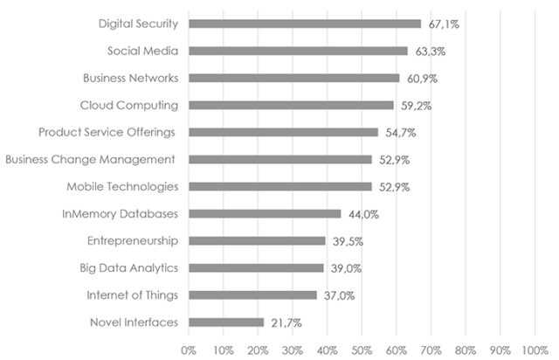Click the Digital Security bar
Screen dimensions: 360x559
click(x=304, y=24)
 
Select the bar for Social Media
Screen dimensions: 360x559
click(x=298, y=51)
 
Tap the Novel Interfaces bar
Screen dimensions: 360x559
click(x=225, y=322)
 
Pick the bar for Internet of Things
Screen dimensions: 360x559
click(x=252, y=295)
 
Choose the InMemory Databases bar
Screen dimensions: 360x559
click(x=265, y=213)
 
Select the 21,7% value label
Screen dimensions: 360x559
click(x=285, y=322)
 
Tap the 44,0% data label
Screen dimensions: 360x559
click(x=362, y=213)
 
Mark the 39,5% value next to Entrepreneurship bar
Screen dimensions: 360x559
click(x=347, y=241)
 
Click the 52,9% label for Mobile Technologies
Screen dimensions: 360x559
click(x=393, y=186)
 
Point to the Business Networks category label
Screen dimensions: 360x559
click(x=131, y=78)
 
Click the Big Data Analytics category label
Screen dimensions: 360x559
click(x=128, y=268)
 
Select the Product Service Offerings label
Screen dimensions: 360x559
click(x=107, y=132)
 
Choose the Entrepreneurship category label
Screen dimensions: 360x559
click(x=133, y=241)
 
